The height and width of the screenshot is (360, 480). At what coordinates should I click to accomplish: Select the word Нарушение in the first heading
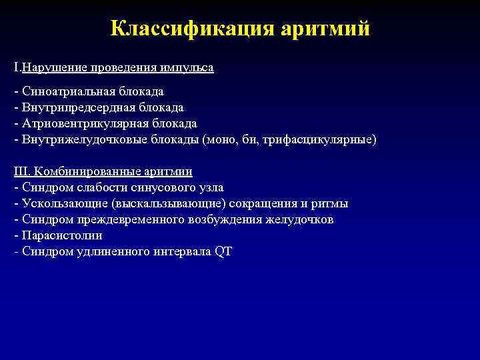[49, 67]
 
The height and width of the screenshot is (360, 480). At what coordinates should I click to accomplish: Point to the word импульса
[189, 67]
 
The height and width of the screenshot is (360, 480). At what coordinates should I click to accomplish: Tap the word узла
[209, 187]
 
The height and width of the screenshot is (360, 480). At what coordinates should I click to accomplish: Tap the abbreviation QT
[223, 251]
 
